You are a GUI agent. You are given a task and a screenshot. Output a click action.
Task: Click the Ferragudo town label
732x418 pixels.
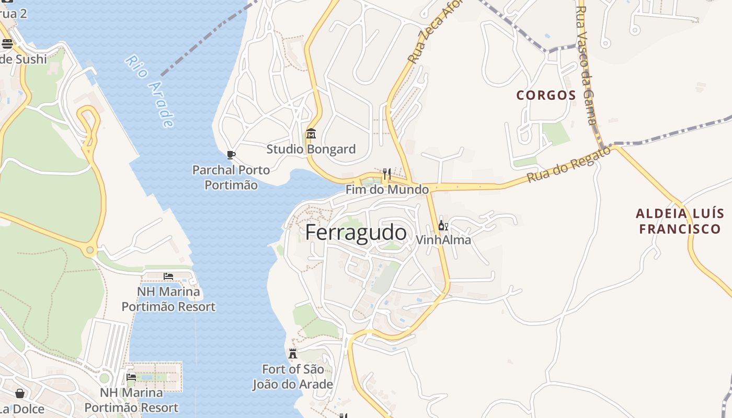(356, 233)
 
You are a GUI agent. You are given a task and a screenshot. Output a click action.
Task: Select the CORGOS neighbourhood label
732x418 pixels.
(546, 95)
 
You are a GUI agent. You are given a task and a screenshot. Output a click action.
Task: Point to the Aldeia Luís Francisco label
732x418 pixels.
(680, 221)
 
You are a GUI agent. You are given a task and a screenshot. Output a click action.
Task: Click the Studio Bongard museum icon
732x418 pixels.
(311, 134)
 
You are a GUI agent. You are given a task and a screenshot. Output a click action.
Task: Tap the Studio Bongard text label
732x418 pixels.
(311, 149)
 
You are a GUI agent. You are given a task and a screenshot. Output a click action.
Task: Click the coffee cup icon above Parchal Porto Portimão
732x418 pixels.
(231, 155)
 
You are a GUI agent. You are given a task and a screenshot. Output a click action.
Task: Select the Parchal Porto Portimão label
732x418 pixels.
(231, 177)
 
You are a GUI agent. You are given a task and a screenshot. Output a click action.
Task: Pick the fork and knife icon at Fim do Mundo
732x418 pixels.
(387, 173)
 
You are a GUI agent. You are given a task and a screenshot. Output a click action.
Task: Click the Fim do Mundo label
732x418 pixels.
(387, 190)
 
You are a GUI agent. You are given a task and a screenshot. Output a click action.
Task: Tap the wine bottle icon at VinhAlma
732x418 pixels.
(443, 225)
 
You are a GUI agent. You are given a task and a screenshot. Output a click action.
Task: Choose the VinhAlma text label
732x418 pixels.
(443, 240)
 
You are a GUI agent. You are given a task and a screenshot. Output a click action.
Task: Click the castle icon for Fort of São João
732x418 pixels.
(293, 354)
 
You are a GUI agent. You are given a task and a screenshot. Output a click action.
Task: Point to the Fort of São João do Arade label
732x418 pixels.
(293, 377)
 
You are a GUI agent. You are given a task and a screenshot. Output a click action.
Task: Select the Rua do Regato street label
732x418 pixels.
(568, 165)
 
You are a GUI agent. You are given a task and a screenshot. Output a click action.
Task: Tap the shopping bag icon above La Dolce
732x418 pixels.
(20, 393)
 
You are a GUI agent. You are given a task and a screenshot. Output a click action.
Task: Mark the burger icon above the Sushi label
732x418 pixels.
(7, 43)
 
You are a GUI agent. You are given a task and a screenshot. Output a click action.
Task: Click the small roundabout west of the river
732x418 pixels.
(90, 250)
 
